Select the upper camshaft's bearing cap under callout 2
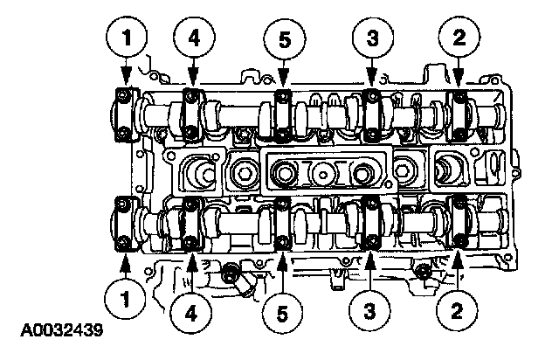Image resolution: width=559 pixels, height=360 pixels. click(458, 114)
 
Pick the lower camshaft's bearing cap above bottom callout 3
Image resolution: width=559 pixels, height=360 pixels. click(370, 226)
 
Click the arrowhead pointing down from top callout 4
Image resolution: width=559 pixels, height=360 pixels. click(192, 83)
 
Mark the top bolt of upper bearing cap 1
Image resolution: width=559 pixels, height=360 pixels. click(126, 93)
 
